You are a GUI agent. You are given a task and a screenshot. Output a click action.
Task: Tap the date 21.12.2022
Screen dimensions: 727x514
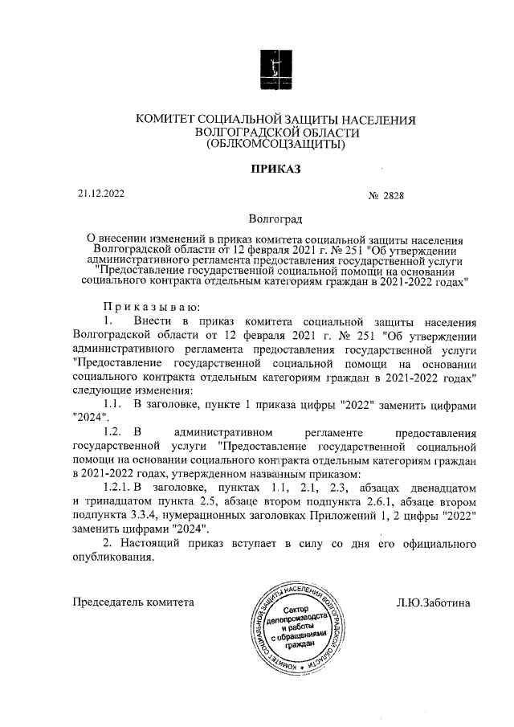[101, 193]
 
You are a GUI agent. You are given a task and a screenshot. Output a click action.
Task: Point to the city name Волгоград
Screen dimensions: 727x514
[275, 219]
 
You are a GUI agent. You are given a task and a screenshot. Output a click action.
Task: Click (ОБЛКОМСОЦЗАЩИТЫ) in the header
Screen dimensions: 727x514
[275, 145]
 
